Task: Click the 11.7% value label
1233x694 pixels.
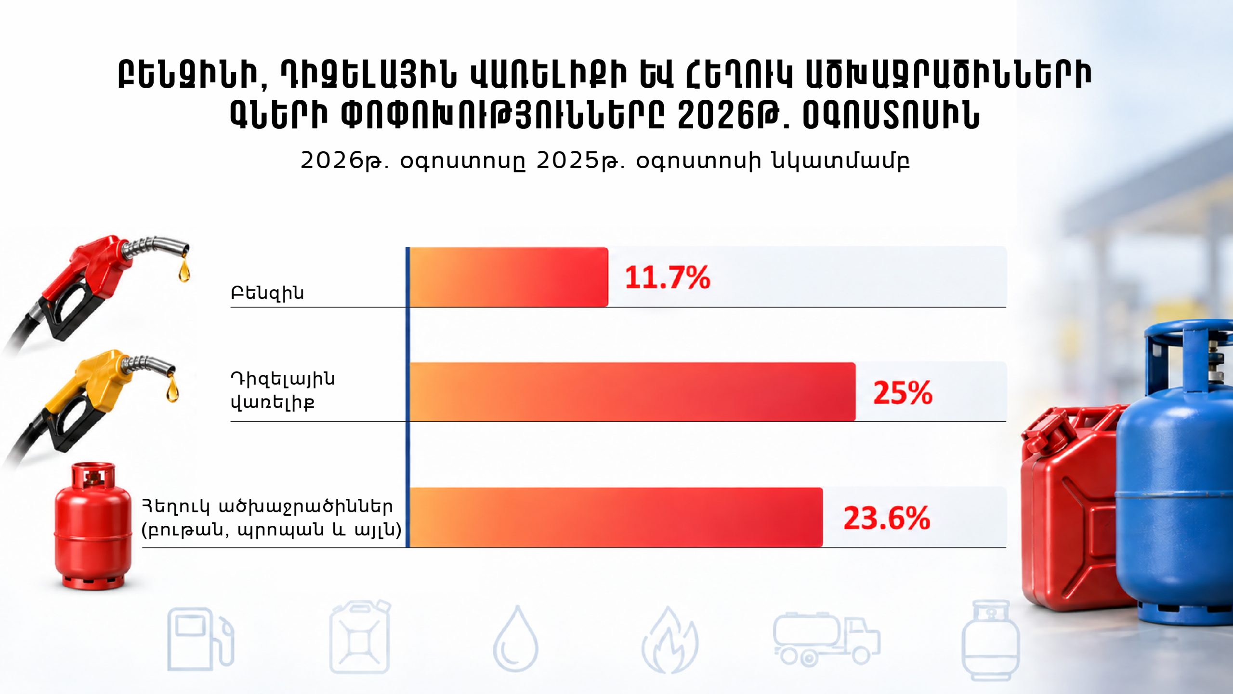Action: [x=667, y=278]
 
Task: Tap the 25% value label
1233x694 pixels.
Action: [x=903, y=392]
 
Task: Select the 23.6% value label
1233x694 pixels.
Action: [x=886, y=518]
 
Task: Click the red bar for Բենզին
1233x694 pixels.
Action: [x=509, y=277]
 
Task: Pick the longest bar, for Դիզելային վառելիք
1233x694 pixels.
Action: [x=632, y=392]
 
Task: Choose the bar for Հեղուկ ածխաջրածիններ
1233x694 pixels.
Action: [x=616, y=518]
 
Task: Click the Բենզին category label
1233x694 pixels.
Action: [x=267, y=293]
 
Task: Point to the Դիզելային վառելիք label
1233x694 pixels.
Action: [x=283, y=390]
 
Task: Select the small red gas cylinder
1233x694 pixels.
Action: [x=92, y=525]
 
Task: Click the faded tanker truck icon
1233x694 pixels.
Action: [x=826, y=639]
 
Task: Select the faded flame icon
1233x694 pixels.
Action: [x=669, y=640]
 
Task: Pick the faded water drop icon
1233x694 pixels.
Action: [x=515, y=639]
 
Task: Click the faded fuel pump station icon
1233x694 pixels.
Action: [x=200, y=639]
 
